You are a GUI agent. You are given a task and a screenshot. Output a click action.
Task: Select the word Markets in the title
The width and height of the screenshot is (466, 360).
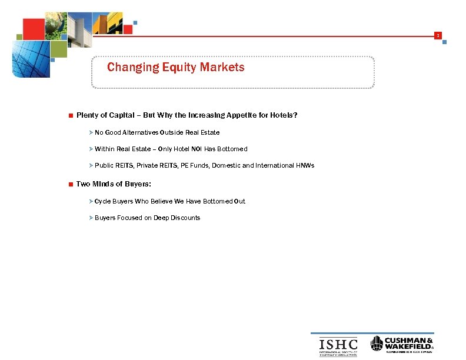222,68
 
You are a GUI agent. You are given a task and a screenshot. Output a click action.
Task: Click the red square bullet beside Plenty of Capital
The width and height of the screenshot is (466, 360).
71,115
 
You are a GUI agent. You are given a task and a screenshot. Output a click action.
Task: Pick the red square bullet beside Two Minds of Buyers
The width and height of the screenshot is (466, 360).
71,185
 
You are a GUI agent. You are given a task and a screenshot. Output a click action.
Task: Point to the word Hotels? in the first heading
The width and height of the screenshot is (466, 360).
284,115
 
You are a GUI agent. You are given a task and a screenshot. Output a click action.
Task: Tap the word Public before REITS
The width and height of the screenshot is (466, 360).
104,165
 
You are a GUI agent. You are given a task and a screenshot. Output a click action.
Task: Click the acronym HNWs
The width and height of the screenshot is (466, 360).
303,165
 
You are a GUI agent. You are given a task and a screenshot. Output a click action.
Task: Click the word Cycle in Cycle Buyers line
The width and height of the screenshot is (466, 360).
102,201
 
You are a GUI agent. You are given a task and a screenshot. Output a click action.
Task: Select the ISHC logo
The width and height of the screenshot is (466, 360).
338,345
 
